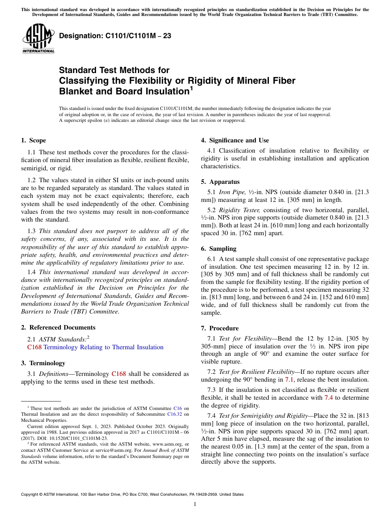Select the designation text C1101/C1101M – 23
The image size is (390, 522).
(115, 36)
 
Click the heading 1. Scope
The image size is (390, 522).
(34, 140)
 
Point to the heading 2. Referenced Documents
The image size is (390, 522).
(58, 327)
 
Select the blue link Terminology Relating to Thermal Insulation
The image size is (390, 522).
(103, 347)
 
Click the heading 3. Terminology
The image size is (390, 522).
(43, 363)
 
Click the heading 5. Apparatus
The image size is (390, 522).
(220, 182)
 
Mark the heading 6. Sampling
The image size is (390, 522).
(218, 249)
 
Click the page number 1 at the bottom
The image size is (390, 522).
(195, 504)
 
